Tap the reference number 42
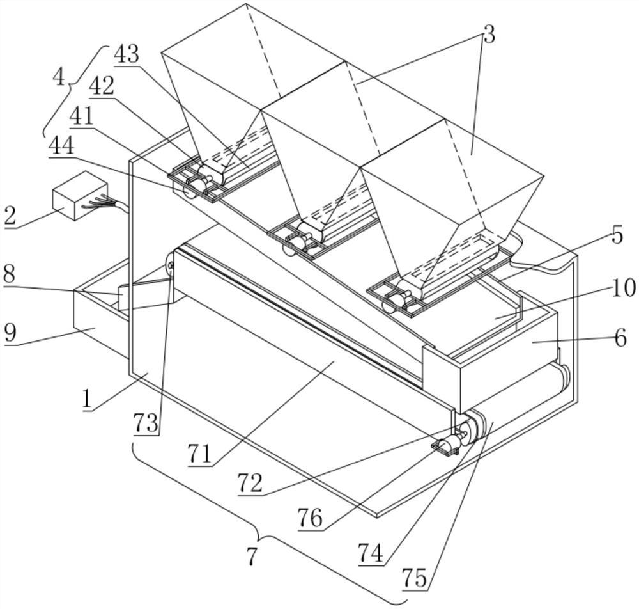point(102,86)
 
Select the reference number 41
point(81,116)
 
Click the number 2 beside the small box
point(10,214)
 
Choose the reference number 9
point(10,333)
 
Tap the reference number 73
point(146,423)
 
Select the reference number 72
point(251,484)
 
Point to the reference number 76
point(310,518)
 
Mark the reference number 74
point(371,553)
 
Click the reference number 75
point(415,578)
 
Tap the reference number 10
point(623,288)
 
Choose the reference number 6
point(620,338)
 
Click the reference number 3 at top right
point(489,35)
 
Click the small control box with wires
point(80,196)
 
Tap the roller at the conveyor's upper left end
point(169,264)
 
